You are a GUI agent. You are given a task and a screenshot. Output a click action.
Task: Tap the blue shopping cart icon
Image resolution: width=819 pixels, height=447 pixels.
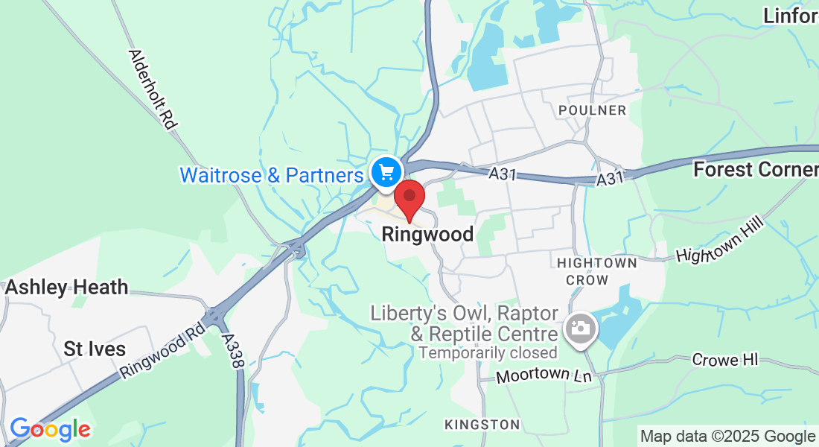(386, 173)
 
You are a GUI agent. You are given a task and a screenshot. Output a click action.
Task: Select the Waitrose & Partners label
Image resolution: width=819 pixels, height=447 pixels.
(271, 176)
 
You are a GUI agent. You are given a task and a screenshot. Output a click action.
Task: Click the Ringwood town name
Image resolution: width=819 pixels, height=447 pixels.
(427, 235)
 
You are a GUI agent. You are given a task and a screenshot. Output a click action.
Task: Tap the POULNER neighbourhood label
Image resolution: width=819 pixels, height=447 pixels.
(593, 110)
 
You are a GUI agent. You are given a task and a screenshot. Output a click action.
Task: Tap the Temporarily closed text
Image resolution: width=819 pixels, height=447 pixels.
(488, 352)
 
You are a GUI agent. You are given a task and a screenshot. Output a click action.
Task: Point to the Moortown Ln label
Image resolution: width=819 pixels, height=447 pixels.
(544, 375)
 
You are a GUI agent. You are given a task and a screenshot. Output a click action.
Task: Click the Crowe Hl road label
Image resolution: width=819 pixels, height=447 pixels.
(724, 360)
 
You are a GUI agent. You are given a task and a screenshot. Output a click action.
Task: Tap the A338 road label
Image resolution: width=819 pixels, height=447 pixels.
(233, 349)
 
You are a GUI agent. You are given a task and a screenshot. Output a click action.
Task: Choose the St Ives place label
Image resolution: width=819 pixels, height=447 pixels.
(95, 349)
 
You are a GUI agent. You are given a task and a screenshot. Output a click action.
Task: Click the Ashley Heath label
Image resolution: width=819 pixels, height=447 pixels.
(67, 288)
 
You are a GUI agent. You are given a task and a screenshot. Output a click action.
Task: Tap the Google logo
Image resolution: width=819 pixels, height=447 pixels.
(50, 429)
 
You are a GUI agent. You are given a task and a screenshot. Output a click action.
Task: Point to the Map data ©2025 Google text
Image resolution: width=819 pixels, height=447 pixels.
(728, 437)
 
